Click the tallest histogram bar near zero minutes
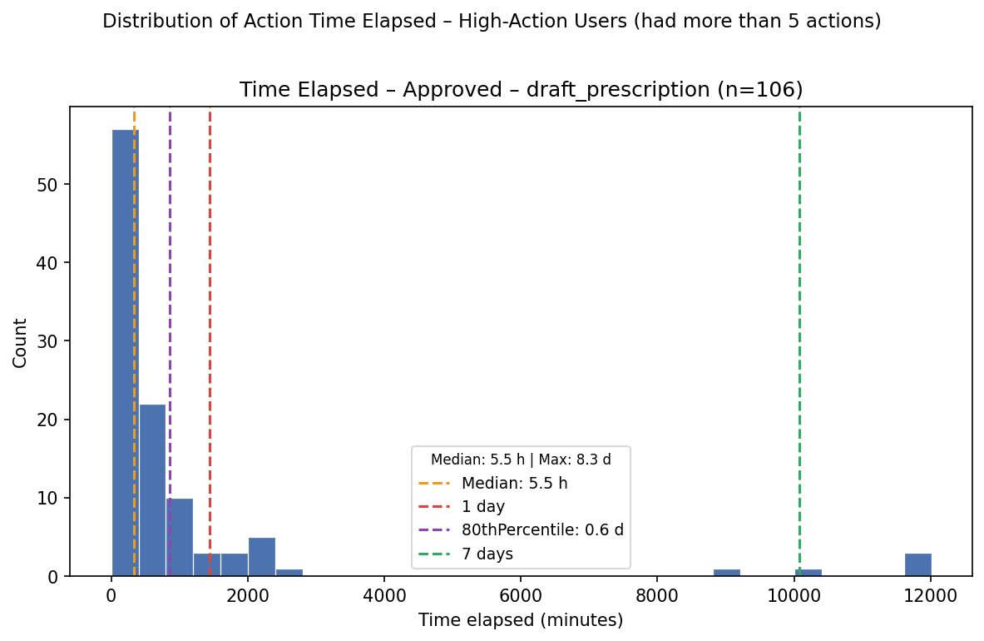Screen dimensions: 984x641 pos(126,353)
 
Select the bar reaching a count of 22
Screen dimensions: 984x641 pos(152,489)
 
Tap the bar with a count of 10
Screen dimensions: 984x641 pos(180,537)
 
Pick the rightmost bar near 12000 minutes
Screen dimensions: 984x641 pos(918,564)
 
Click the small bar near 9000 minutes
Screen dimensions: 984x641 pos(727,572)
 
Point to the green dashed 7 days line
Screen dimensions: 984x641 pos(799,341)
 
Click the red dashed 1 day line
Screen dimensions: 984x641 pos(210,341)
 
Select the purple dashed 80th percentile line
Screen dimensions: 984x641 pos(170,341)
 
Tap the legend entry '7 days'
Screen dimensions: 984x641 pos(487,554)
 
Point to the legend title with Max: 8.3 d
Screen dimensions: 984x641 pos(521,460)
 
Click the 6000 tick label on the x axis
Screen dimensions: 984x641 pos(520,594)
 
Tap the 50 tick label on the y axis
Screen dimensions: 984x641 pos(52,185)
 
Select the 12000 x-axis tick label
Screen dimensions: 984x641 pos(930,594)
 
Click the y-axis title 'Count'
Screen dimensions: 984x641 pos(20,343)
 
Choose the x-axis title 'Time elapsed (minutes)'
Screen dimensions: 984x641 pos(521,620)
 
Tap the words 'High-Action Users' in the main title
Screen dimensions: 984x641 pos(543,22)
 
